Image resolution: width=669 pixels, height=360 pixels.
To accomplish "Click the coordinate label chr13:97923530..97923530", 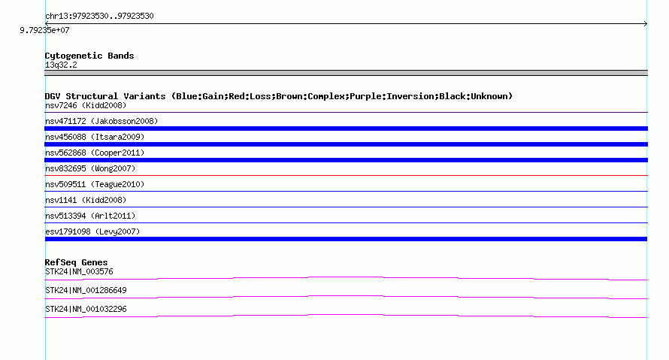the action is [99, 16].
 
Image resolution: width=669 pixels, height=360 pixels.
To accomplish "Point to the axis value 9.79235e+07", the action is [44, 30].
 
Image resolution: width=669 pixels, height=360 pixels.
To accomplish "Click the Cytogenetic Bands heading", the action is [89, 56].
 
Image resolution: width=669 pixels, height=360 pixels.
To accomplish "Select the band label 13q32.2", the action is [61, 65].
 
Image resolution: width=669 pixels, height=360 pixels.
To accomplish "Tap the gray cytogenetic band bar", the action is [346, 73].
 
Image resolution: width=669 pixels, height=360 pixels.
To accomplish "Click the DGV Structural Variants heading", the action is [279, 96].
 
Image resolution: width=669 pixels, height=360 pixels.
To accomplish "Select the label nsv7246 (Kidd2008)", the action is [86, 105].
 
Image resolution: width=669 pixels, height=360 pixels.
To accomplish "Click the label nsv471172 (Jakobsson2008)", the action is [101, 121].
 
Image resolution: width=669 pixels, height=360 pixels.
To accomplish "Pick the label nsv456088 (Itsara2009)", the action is [95, 137].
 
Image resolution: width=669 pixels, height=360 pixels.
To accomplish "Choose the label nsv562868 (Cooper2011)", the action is [95, 153].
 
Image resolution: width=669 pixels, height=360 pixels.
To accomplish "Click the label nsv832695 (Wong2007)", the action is [90, 168].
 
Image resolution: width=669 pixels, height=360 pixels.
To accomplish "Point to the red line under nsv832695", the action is [346, 175].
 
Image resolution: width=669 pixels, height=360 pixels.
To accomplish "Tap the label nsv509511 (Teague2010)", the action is [95, 184].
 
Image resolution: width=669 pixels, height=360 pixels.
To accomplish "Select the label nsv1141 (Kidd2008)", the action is [86, 200].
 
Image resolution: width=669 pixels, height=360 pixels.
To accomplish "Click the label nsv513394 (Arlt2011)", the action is [90, 216].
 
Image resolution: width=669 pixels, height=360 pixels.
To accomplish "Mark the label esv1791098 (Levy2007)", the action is [92, 231].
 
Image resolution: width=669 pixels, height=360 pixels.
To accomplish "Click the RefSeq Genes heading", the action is [77, 262].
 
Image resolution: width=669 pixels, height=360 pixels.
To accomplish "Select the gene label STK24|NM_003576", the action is [79, 272].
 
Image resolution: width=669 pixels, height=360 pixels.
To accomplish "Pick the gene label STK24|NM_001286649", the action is [86, 290].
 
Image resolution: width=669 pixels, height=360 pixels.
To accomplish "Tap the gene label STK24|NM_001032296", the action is [86, 309].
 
